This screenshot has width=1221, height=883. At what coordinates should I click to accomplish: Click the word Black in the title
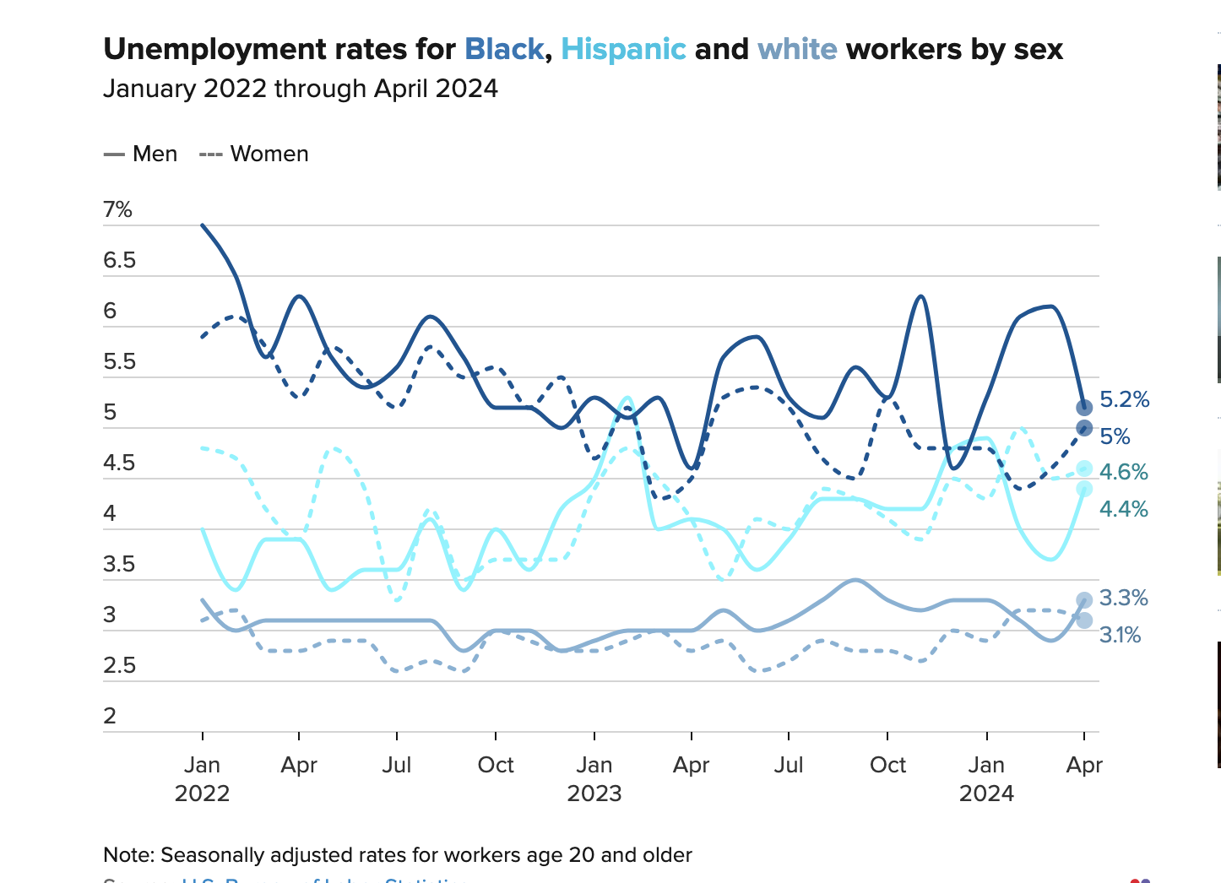click(504, 49)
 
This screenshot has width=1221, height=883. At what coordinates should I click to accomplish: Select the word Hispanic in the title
click(623, 49)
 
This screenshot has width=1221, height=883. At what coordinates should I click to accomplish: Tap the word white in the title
click(797, 49)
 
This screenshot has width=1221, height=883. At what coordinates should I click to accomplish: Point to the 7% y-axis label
click(118, 209)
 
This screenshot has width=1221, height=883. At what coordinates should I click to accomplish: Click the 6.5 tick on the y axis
click(120, 260)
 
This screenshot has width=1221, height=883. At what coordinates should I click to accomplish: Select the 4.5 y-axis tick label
click(120, 463)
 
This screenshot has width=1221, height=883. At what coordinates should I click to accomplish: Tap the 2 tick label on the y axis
click(110, 716)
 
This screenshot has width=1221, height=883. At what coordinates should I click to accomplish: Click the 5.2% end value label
click(1124, 399)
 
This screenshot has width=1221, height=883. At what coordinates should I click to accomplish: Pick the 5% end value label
click(1115, 436)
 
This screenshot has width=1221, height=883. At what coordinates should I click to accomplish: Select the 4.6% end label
click(1123, 472)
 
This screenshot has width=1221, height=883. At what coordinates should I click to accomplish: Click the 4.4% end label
click(1123, 509)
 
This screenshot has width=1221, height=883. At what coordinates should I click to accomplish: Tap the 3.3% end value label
click(1123, 598)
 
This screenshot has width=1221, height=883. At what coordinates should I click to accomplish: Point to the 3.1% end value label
click(1120, 635)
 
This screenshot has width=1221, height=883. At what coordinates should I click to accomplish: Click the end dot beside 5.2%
click(1084, 408)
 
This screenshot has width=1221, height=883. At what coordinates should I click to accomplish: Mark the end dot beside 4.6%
click(1084, 469)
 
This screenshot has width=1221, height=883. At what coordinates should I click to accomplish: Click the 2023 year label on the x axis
click(594, 794)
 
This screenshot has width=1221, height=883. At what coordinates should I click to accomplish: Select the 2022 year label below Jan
click(203, 794)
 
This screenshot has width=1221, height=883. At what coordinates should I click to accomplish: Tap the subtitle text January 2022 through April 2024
click(301, 89)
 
